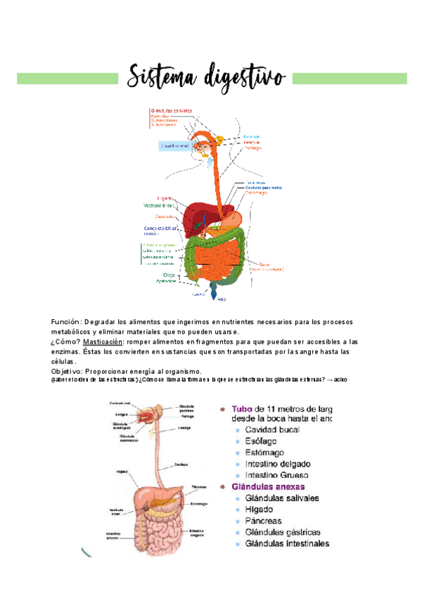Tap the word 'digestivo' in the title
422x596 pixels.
tap(243, 77)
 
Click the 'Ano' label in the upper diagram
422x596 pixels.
tap(222, 297)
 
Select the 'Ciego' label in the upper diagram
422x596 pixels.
tap(169, 274)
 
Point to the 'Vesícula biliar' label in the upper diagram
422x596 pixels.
tap(160, 206)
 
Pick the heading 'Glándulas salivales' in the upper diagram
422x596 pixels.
tap(172, 110)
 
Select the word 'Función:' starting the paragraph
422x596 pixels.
tap(66, 321)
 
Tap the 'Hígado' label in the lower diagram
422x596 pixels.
tap(122, 472)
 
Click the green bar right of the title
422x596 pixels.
tap(350, 78)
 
